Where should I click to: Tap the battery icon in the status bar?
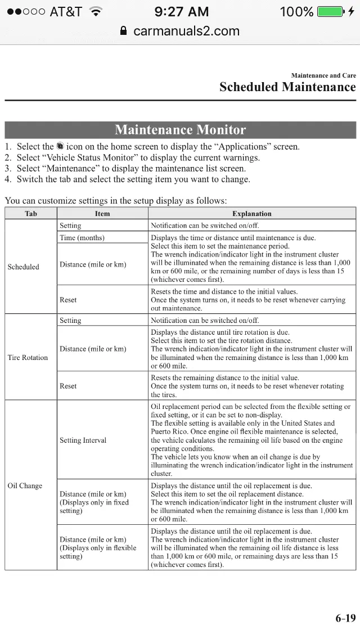click(x=331, y=11)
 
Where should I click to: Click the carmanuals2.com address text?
click(x=186, y=31)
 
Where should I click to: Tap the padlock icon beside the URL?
click(x=124, y=31)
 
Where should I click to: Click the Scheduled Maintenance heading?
click(x=287, y=87)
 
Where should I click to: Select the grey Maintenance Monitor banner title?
click(x=180, y=130)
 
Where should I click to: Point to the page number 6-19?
click(x=345, y=618)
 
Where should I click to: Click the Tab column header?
click(x=31, y=214)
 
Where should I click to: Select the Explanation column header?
click(x=251, y=214)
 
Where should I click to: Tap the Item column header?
click(x=102, y=214)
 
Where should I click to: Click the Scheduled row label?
click(x=24, y=267)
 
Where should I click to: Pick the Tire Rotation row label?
click(x=28, y=357)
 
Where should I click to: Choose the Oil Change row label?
click(x=25, y=485)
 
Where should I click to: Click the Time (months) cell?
click(x=82, y=237)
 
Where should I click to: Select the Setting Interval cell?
click(x=83, y=440)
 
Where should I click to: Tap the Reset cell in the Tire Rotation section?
click(x=68, y=386)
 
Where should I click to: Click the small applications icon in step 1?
click(x=60, y=146)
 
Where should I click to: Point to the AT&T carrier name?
click(x=65, y=11)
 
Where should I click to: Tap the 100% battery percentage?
click(x=296, y=11)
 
